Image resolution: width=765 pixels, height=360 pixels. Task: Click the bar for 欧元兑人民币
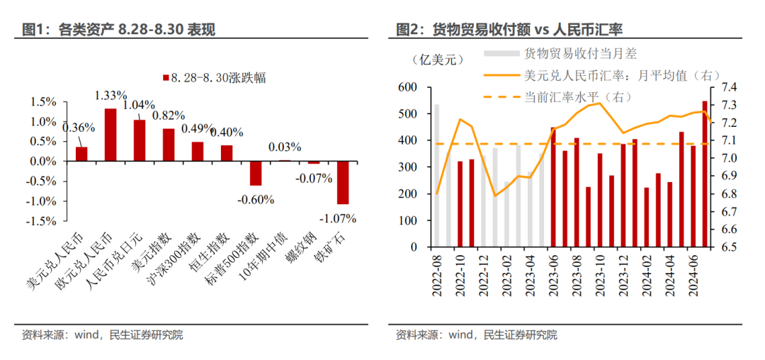click(110, 135)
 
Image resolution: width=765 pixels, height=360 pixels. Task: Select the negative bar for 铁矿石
click(343, 182)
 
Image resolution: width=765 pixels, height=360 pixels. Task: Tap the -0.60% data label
click(256, 199)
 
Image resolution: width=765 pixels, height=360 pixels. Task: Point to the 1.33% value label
click(110, 95)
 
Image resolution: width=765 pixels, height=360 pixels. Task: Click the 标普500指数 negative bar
click(256, 173)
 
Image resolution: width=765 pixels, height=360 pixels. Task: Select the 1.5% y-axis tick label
click(42, 102)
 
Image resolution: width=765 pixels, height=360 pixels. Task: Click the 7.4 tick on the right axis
click(729, 86)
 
